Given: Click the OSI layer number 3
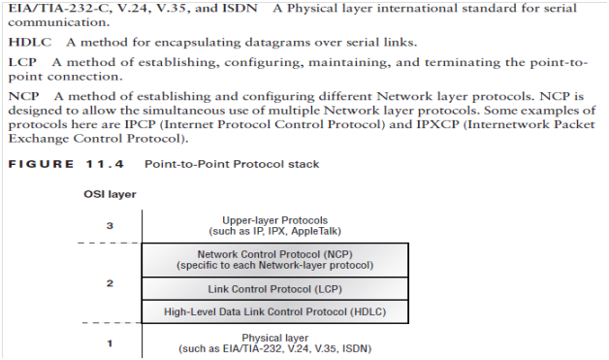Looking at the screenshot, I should coord(109,227).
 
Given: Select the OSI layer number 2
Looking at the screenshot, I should coord(109,285).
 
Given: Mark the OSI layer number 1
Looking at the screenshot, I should coord(109,342).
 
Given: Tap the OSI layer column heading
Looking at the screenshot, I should coord(110,194).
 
